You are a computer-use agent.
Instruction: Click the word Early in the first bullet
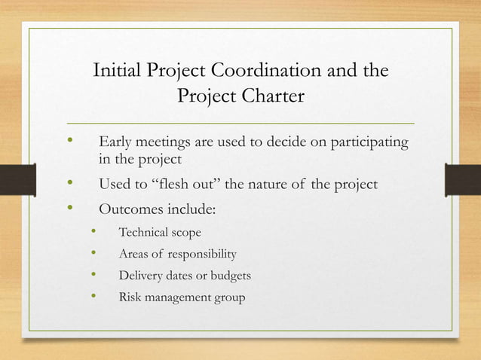click(116, 142)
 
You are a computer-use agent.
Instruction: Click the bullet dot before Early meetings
click(71, 141)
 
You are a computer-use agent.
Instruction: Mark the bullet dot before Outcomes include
click(71, 206)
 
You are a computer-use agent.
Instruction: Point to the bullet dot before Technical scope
click(94, 232)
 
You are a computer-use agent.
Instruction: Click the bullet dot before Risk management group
click(94, 296)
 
